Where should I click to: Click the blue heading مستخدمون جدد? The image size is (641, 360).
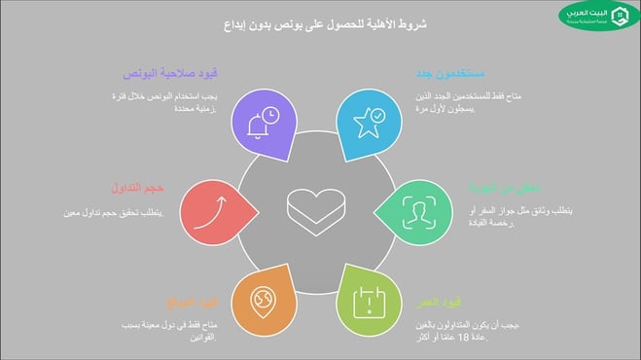[x=445, y=74]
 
